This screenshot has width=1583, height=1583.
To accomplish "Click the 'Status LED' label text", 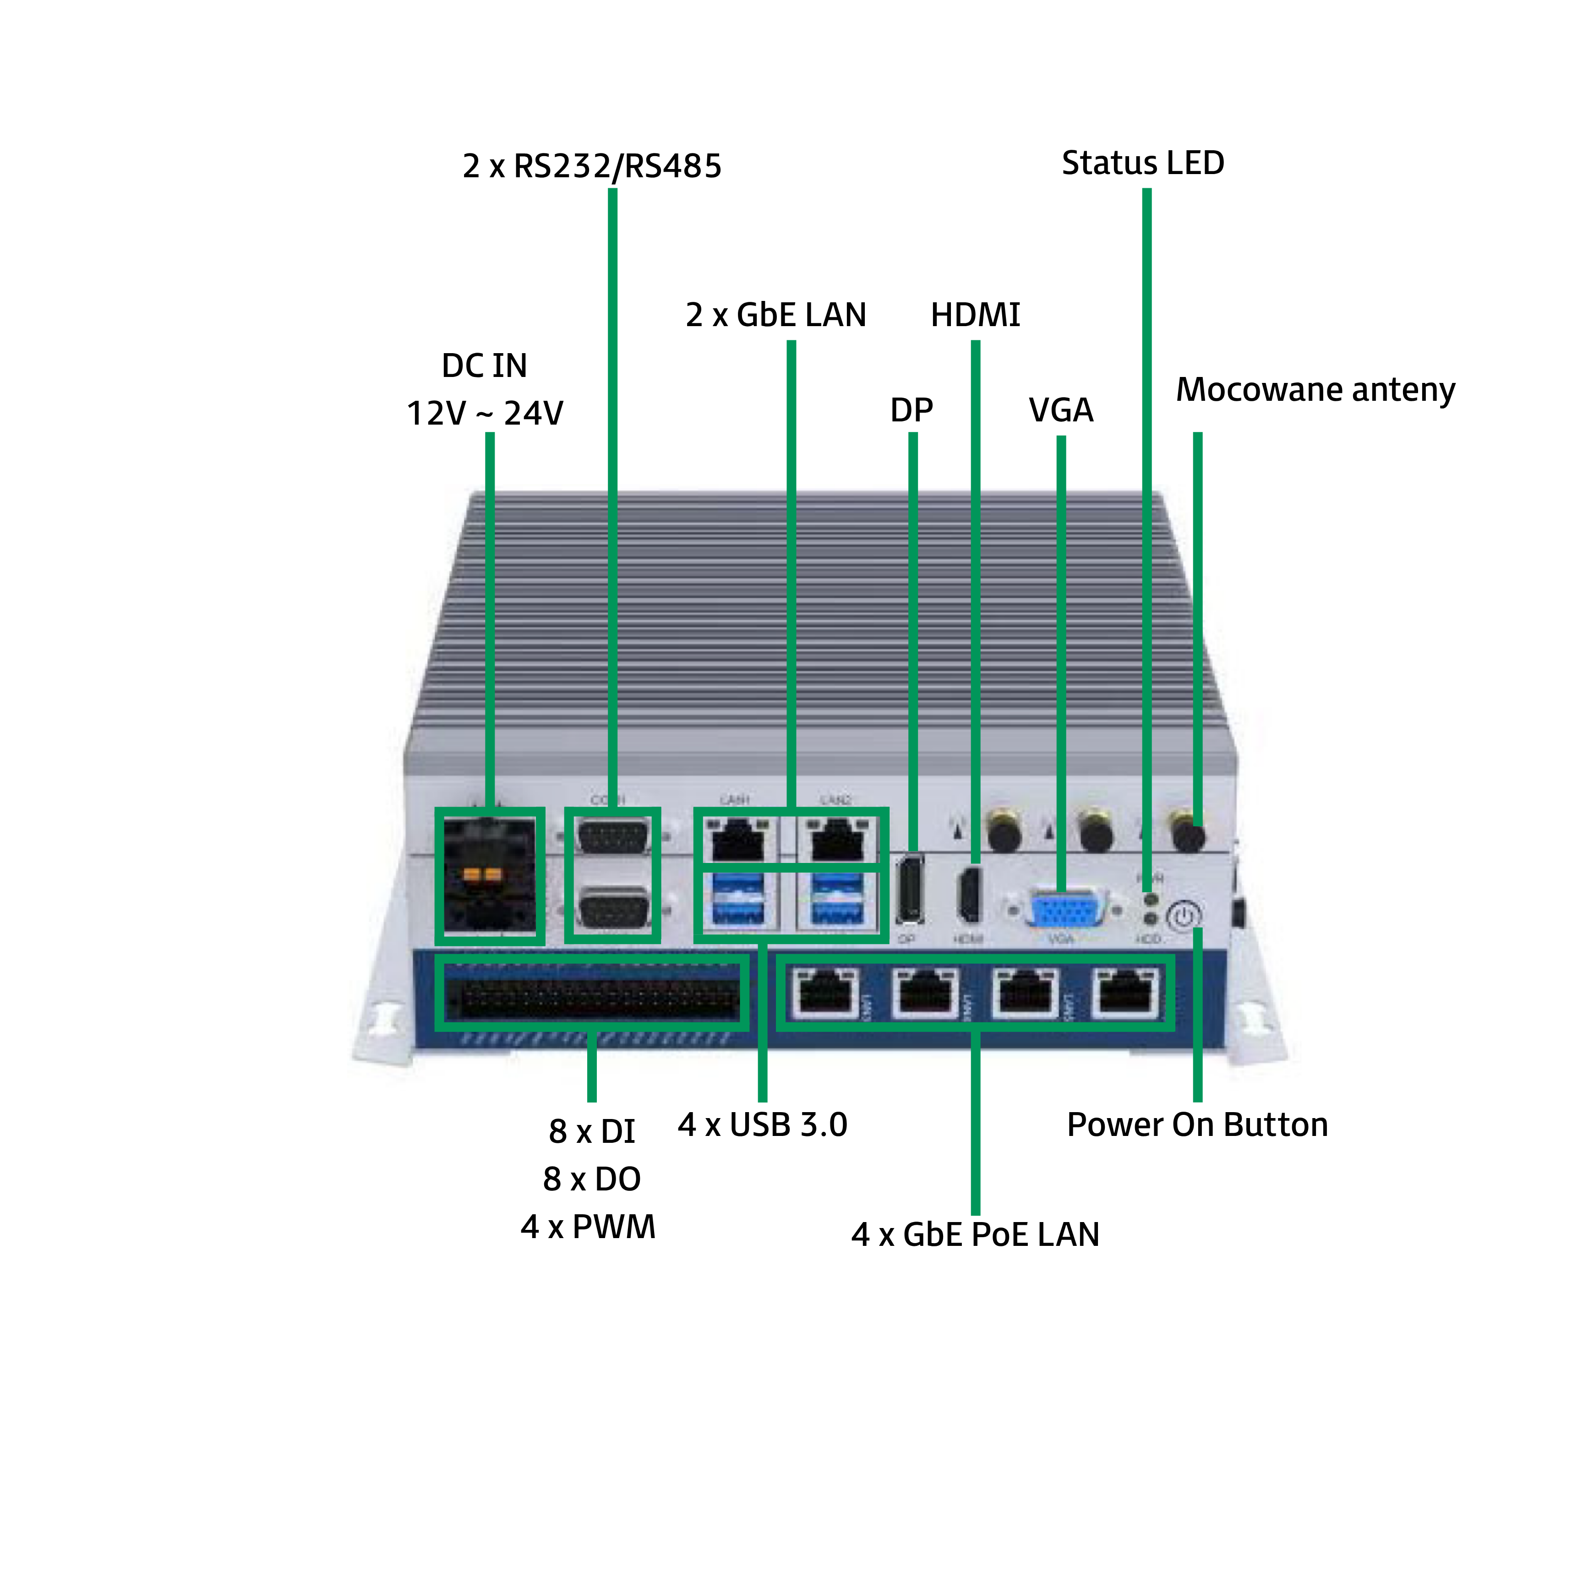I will tap(1142, 163).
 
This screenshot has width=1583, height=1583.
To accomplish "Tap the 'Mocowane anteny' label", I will tap(1315, 390).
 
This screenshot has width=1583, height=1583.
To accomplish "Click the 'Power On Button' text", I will tap(1196, 1125).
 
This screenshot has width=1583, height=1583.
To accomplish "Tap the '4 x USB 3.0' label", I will tap(762, 1125).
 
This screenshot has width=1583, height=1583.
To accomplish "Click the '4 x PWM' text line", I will tap(588, 1227).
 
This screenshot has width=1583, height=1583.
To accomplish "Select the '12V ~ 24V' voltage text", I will tap(485, 413).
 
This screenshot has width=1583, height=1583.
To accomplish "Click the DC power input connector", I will tap(489, 875).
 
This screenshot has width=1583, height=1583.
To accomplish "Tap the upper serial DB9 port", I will tap(613, 837).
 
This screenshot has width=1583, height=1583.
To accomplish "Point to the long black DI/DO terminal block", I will tap(592, 992).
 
